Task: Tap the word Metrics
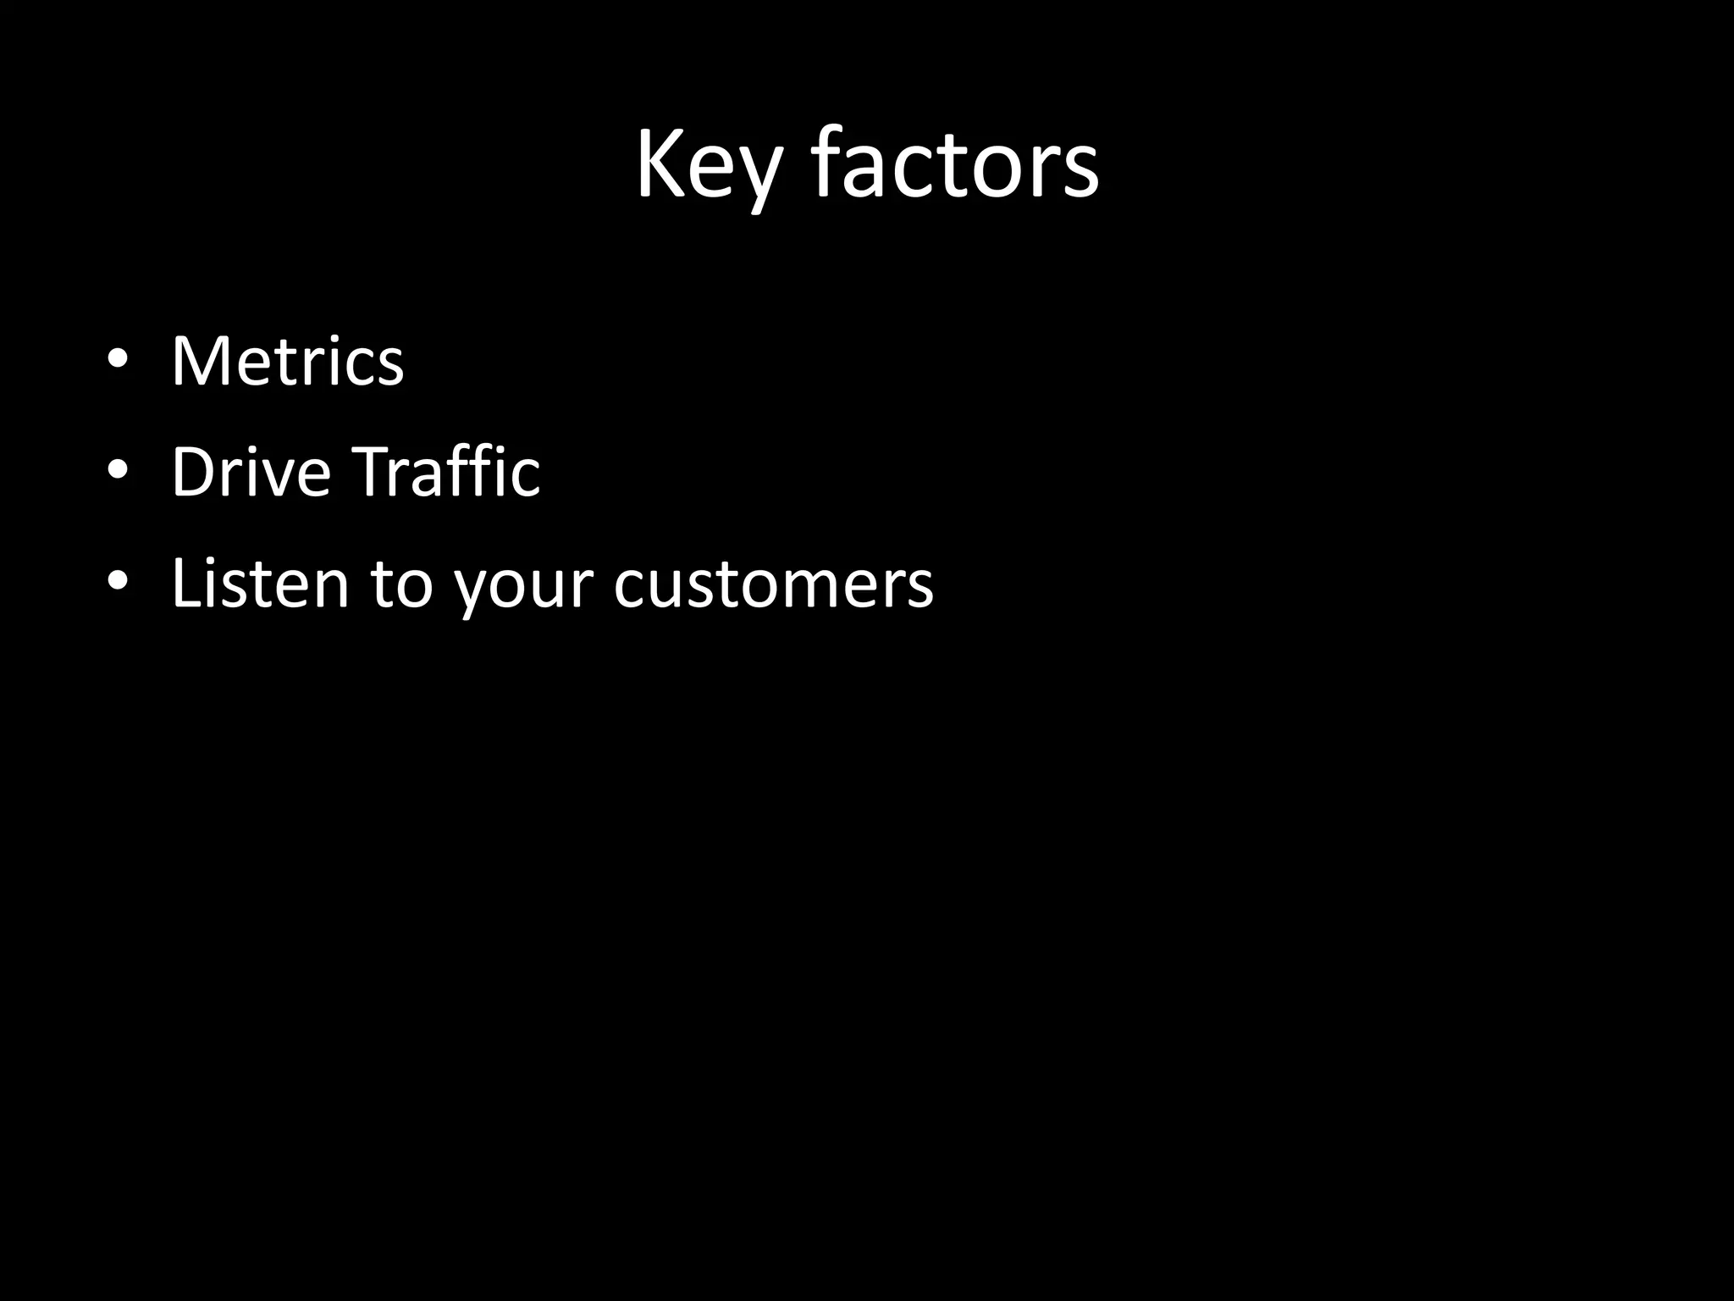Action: point(287,362)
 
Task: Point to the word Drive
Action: point(251,472)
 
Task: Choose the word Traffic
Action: point(445,472)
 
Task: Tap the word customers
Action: point(773,584)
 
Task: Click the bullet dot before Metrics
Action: point(118,360)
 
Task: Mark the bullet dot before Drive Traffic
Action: point(118,470)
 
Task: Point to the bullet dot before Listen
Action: point(118,581)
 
